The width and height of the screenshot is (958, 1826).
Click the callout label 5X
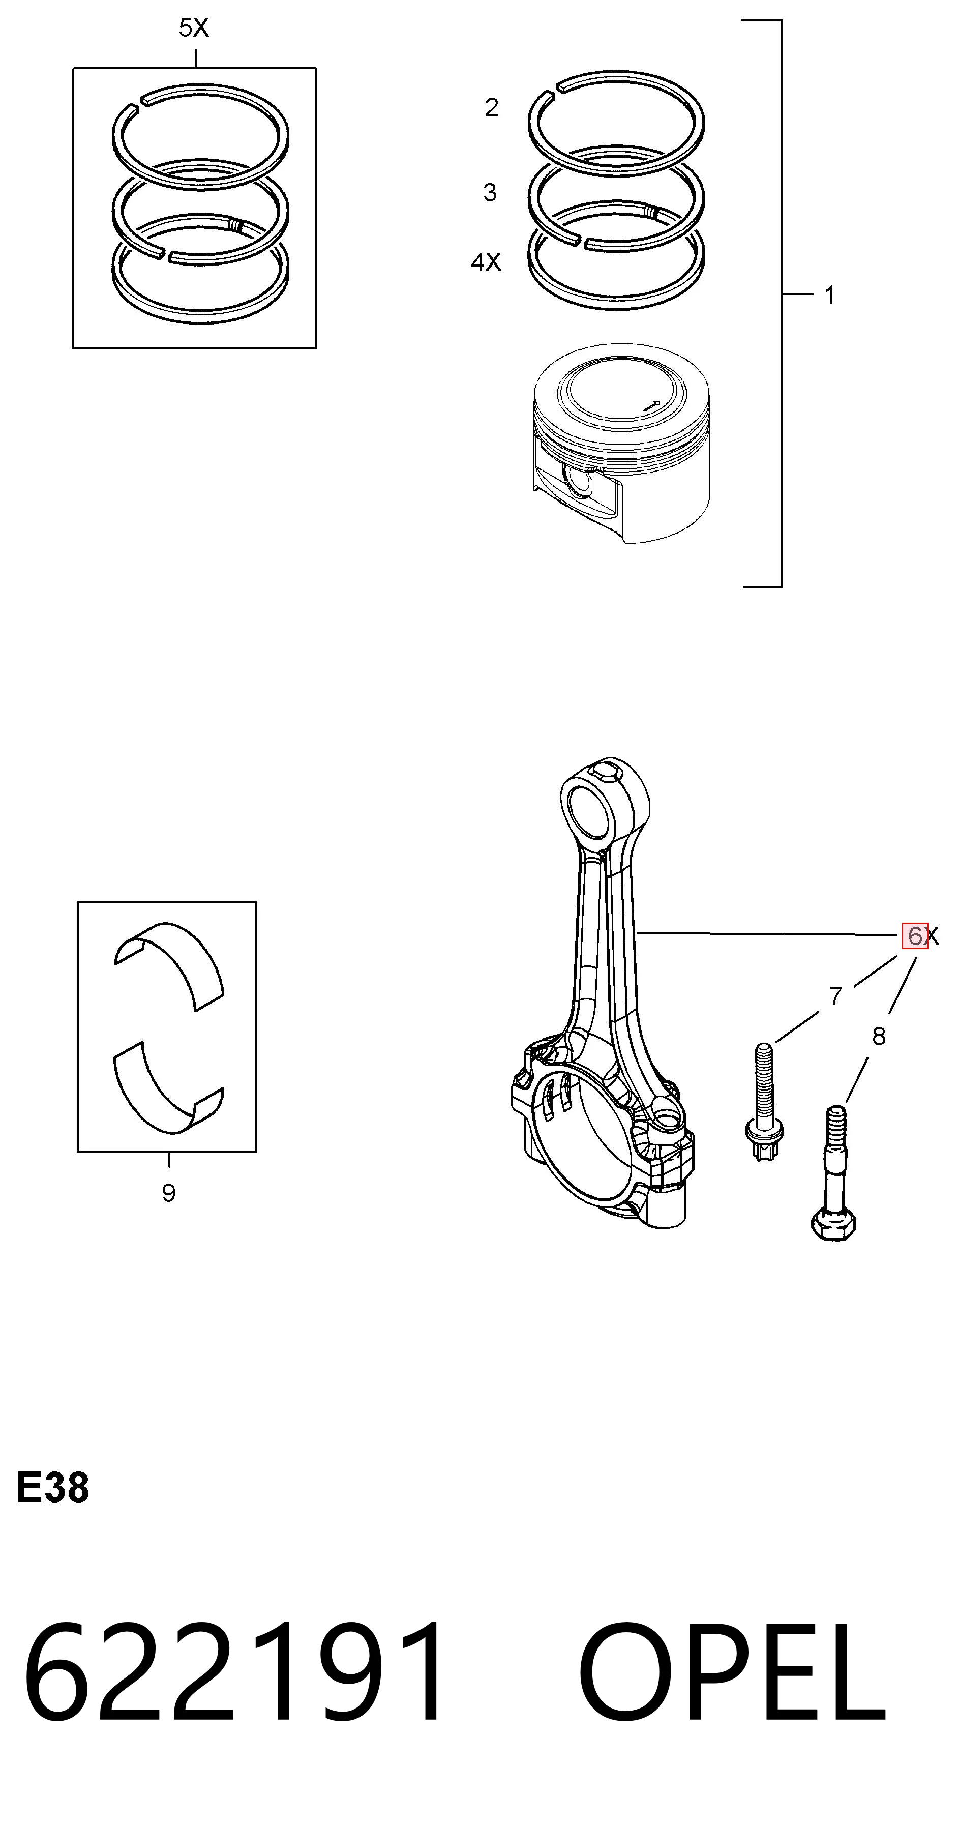(x=193, y=28)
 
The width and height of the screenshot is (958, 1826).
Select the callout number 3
(x=490, y=192)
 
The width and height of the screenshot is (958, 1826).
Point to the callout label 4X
(x=486, y=262)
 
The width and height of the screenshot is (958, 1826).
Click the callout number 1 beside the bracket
(x=830, y=295)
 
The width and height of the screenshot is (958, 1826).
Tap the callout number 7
(x=836, y=996)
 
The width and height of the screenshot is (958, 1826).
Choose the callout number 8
(x=879, y=1036)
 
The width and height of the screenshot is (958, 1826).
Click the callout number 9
(x=169, y=1193)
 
